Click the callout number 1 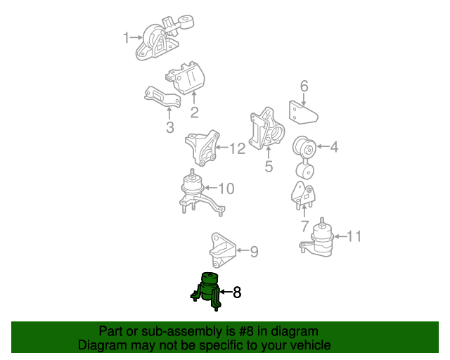tap(126, 37)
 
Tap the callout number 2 tap(194, 112)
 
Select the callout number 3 tap(170, 127)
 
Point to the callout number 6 tap(304, 86)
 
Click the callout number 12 tap(238, 148)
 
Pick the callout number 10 tap(226, 188)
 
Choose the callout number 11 tap(354, 236)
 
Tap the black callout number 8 tap(237, 292)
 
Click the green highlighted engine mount tap(206, 291)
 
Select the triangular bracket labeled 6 tap(302, 113)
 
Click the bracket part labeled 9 tap(222, 250)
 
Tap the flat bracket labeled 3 tap(162, 97)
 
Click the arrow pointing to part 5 tap(269, 152)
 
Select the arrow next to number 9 tap(242, 250)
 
